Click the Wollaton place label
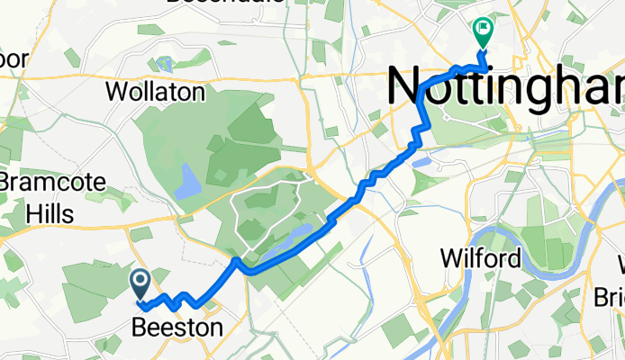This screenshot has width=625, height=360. point(156,92)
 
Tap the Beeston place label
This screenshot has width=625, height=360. point(177,328)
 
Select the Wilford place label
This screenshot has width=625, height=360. point(480,259)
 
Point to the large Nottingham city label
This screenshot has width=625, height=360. point(504,88)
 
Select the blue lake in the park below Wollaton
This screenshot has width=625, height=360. point(186,181)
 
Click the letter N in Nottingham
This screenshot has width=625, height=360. point(406,89)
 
